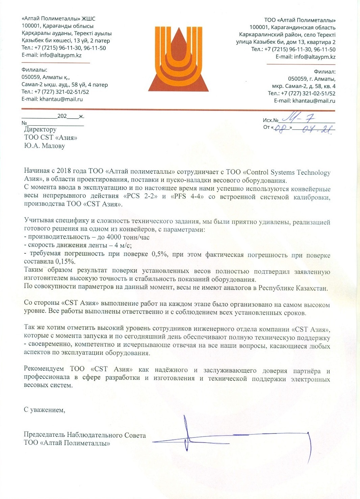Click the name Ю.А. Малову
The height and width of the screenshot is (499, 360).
[x=44, y=146]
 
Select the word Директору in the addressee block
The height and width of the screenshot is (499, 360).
[x=40, y=129]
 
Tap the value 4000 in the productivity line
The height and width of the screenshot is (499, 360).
[x=114, y=237]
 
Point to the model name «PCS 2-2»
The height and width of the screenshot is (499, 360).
[x=140, y=196]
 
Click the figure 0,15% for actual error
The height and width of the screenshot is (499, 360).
[x=66, y=261]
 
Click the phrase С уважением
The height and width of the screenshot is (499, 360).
[x=44, y=410]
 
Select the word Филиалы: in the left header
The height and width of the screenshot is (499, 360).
[x=34, y=70]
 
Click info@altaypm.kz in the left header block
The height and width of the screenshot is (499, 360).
[x=60, y=55]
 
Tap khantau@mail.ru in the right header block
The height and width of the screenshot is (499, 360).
[x=314, y=101]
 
